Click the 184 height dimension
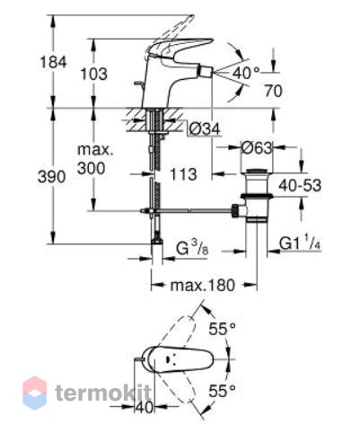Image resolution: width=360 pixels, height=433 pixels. (x=53, y=63)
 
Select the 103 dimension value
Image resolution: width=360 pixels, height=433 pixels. (x=93, y=74)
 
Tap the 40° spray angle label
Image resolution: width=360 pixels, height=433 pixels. (x=247, y=73)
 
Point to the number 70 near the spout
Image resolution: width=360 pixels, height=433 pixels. (x=273, y=91)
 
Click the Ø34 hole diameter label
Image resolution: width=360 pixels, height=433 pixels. (x=205, y=129)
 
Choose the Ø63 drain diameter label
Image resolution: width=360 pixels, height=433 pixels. (x=257, y=147)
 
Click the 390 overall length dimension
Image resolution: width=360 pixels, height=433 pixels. (x=51, y=177)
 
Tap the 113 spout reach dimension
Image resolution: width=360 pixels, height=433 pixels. (x=183, y=174)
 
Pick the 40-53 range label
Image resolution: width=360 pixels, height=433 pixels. (x=300, y=185)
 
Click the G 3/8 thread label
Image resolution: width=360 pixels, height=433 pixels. (x=192, y=248)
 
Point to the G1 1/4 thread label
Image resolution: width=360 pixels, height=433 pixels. (x=301, y=243)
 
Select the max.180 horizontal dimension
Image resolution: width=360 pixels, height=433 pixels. (x=203, y=286)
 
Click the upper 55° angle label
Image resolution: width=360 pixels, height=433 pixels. (x=222, y=330)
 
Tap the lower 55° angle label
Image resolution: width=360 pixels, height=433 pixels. (x=222, y=391)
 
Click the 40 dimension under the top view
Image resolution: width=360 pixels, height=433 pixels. (x=145, y=408)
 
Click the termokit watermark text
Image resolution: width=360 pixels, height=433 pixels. (x=103, y=393)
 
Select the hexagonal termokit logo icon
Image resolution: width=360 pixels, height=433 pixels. (x=35, y=393)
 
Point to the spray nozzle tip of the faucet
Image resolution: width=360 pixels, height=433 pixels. (x=206, y=72)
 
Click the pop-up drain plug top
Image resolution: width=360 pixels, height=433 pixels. (x=257, y=172)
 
